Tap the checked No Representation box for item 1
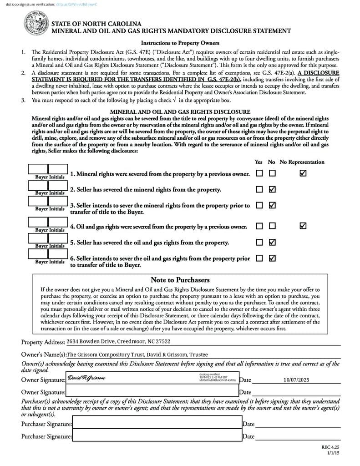click(303, 173)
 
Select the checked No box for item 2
click(272, 189)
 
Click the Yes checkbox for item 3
click(259, 205)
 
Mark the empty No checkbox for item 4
click(272, 226)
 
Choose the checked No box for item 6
click(272, 258)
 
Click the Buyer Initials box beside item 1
click(48, 170)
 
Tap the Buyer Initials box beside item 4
click(48, 223)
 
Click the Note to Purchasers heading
click(180, 280)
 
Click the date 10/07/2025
click(296, 379)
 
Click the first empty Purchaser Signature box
click(157, 424)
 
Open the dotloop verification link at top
click(77, 4)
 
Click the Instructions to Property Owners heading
click(180, 43)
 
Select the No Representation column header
click(302, 162)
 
